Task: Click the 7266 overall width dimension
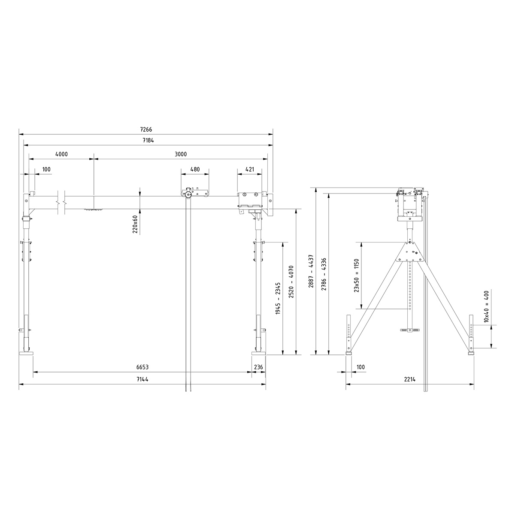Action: pos(146,129)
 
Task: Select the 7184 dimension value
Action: pos(148,140)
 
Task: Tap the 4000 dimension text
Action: pos(61,154)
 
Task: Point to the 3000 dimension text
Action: pos(181,154)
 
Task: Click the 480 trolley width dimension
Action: pos(195,169)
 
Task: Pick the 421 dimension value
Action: pos(249,169)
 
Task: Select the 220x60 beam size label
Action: pos(135,224)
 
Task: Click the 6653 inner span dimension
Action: pos(142,367)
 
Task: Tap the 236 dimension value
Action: pos(258,367)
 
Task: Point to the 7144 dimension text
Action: pos(142,379)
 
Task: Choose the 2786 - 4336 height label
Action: pos(324,274)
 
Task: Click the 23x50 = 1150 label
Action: pos(356,276)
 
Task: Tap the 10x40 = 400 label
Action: pos(486,306)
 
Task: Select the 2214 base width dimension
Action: pos(411,379)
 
